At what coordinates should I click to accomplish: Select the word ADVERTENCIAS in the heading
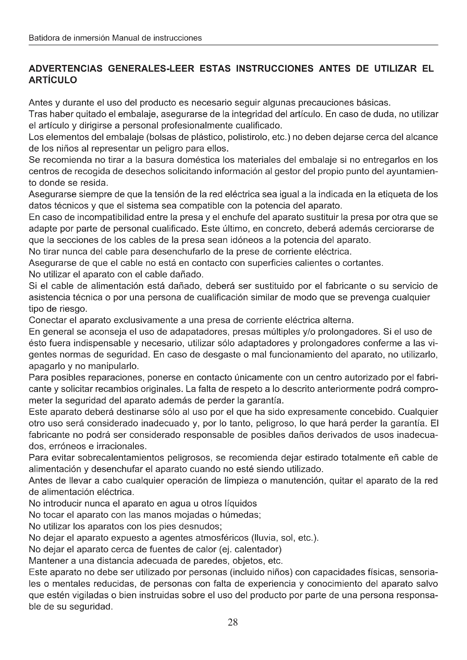coord(66,69)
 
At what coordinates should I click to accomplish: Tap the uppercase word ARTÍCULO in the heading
coord(53,80)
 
